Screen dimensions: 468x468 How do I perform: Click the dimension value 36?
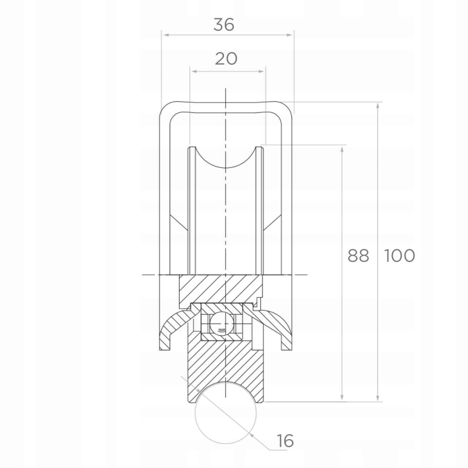point(224,25)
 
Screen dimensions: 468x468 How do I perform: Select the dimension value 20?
point(226,58)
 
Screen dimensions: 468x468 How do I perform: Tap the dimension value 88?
point(358,256)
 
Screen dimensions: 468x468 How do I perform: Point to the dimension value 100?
point(400,256)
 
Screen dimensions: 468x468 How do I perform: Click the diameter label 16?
point(285,441)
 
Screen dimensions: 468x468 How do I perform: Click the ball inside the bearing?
point(222,324)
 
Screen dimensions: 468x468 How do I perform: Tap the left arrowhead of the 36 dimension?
point(165,35)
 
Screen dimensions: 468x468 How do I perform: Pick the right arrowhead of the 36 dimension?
point(290,35)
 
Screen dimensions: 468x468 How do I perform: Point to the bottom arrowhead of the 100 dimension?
point(378,398)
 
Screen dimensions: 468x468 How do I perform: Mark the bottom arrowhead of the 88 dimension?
point(342,398)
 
